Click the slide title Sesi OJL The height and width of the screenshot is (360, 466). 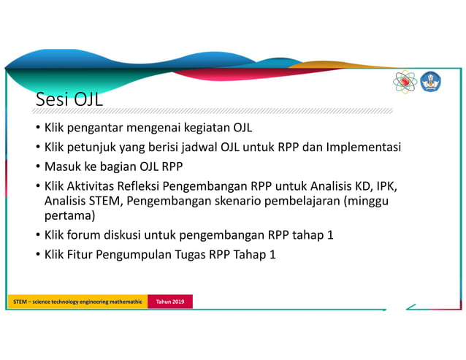pos(69,100)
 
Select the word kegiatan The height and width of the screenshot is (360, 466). pos(207,129)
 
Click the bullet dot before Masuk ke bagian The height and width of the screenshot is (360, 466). pos(38,166)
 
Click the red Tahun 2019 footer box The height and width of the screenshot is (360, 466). pos(169,302)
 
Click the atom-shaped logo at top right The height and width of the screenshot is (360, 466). pos(404,82)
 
